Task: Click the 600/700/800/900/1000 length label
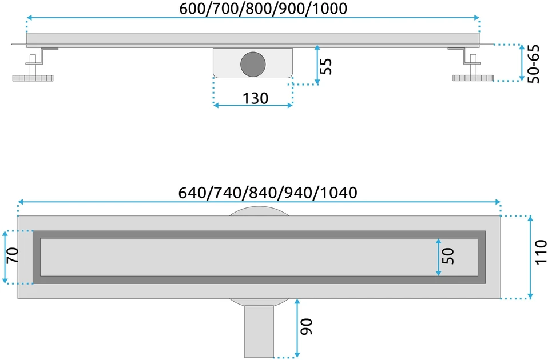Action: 263,9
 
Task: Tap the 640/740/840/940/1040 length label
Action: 268,193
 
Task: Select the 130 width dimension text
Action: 255,98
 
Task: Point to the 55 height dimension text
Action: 325,66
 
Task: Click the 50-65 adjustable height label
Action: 533,63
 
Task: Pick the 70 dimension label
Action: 12,255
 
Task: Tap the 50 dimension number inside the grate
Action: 448,256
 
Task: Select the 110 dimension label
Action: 541,252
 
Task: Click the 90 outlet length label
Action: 307,327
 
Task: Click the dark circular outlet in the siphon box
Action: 253,64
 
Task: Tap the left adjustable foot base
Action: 33,78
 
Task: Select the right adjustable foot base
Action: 473,78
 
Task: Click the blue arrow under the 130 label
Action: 253,105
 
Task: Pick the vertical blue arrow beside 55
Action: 317,65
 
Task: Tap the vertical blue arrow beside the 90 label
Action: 297,328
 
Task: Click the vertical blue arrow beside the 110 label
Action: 530,257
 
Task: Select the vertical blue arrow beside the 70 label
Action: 5,257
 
